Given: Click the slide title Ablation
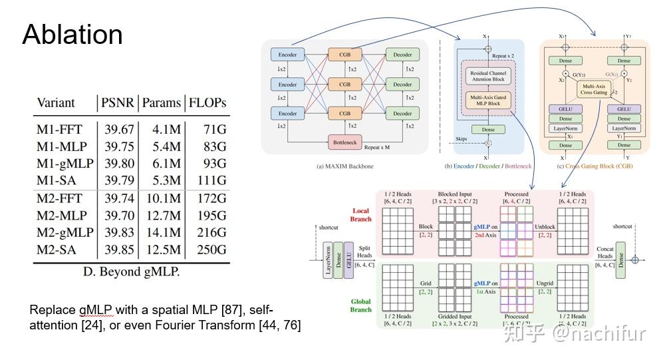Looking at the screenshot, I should click(72, 35).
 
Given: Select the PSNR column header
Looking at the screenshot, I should click(118, 102).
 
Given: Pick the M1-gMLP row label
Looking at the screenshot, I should click(65, 163).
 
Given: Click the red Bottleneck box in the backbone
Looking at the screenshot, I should click(344, 142).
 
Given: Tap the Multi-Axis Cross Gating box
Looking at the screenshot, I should click(595, 90).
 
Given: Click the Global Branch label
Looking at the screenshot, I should click(360, 305).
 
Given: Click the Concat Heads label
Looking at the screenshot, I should click(605, 254).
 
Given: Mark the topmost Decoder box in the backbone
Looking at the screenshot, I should click(402, 55).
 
